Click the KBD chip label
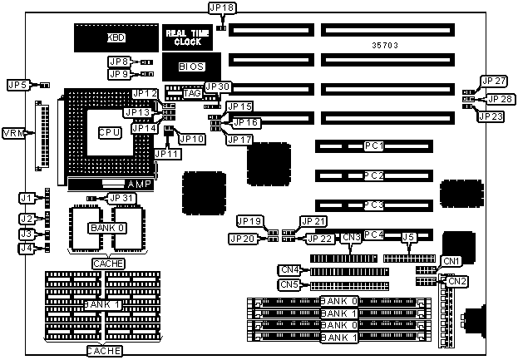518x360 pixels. (x=117, y=37)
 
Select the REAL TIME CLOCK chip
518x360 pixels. (x=183, y=37)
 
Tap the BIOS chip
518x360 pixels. (x=191, y=66)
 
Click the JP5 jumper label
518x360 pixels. (x=17, y=85)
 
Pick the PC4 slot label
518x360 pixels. (x=373, y=235)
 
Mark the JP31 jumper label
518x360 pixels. (x=121, y=198)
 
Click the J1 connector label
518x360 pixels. (x=27, y=198)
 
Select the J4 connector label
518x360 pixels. (x=27, y=248)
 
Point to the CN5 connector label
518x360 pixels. (x=289, y=285)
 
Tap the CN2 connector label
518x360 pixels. (x=457, y=281)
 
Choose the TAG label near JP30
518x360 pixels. (x=192, y=94)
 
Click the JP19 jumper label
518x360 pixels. (x=249, y=221)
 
